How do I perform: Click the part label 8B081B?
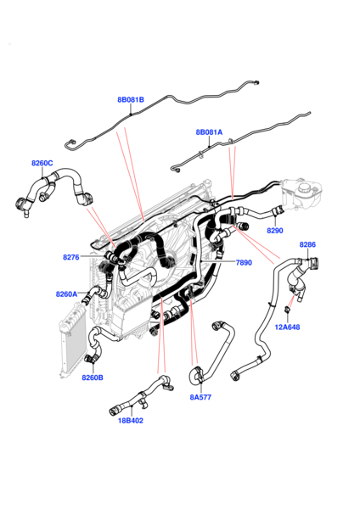pyautogui.click(x=131, y=100)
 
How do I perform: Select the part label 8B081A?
pyautogui.click(x=209, y=132)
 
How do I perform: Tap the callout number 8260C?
pyautogui.click(x=42, y=163)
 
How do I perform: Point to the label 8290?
pyautogui.click(x=275, y=230)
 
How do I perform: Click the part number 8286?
pyautogui.click(x=307, y=244)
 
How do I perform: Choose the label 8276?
pyautogui.click(x=71, y=256)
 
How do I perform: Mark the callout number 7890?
pyautogui.click(x=244, y=263)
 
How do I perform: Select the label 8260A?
pyautogui.click(x=66, y=294)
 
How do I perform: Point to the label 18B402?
pyautogui.click(x=131, y=420)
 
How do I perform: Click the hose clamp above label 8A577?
pyautogui.click(x=197, y=371)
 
